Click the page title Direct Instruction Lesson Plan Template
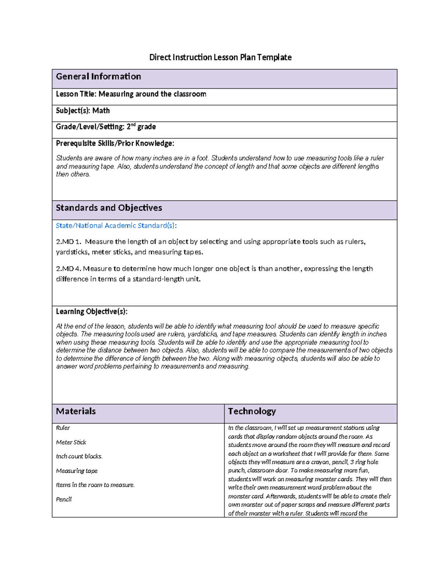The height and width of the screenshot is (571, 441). [220, 57]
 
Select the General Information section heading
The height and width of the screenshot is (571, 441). [98, 76]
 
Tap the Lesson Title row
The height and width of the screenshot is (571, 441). [131, 94]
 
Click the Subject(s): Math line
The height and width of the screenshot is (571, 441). [83, 111]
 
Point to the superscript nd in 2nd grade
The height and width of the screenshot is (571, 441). [133, 125]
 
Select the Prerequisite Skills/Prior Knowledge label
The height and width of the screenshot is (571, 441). [115, 143]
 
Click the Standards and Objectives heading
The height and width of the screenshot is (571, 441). [109, 208]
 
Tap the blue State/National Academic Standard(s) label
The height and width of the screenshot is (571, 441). [116, 226]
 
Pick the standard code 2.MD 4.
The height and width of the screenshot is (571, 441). [68, 269]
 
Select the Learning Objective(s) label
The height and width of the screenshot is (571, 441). [92, 311]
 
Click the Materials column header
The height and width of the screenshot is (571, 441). [76, 411]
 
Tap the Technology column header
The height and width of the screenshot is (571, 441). [252, 411]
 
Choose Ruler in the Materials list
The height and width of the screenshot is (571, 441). [63, 428]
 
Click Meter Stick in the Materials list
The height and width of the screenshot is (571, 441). [71, 442]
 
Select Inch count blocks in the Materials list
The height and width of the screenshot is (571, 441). [79, 456]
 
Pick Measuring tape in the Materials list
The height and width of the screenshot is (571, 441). [77, 471]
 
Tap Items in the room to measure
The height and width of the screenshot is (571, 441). [95, 485]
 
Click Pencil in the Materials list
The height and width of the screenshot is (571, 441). [64, 499]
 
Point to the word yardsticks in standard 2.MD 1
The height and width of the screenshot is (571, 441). [72, 252]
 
